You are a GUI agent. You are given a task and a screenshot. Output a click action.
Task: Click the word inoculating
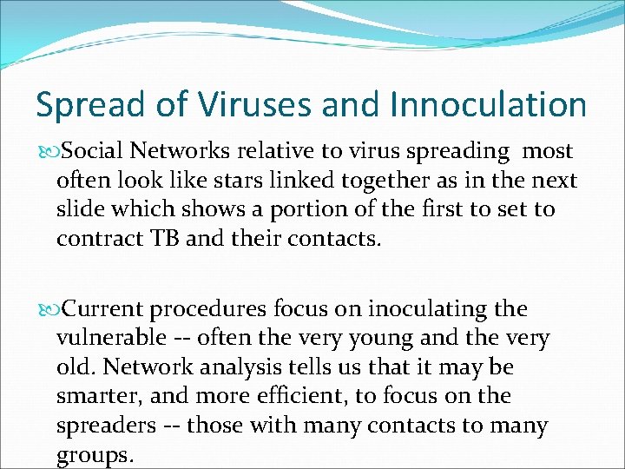[x=416, y=309]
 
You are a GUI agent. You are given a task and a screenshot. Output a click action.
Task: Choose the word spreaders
[x=102, y=426]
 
